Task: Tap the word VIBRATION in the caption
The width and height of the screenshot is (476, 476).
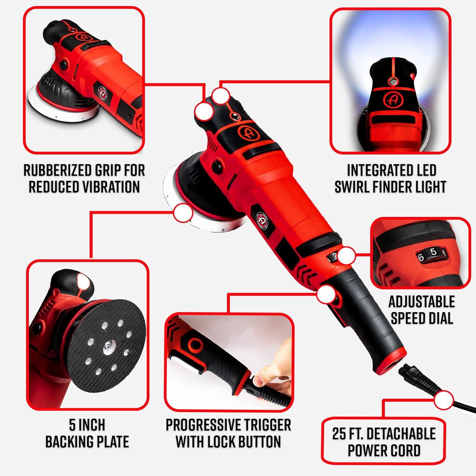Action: (x=106, y=187)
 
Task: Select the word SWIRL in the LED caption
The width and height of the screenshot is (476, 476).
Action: (x=352, y=187)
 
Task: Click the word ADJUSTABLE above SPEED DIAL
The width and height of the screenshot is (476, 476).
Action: (x=422, y=302)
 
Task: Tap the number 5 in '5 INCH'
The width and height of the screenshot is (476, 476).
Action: (x=72, y=425)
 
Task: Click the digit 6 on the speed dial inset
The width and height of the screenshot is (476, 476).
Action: (x=421, y=257)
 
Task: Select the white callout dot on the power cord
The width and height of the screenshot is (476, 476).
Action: (x=444, y=400)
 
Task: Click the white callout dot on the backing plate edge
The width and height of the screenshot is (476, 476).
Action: (x=183, y=213)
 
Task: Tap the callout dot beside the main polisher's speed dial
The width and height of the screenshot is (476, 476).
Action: (x=346, y=256)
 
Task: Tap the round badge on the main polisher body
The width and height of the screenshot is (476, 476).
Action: (x=262, y=219)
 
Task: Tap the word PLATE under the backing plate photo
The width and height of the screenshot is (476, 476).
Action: (x=110, y=442)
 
